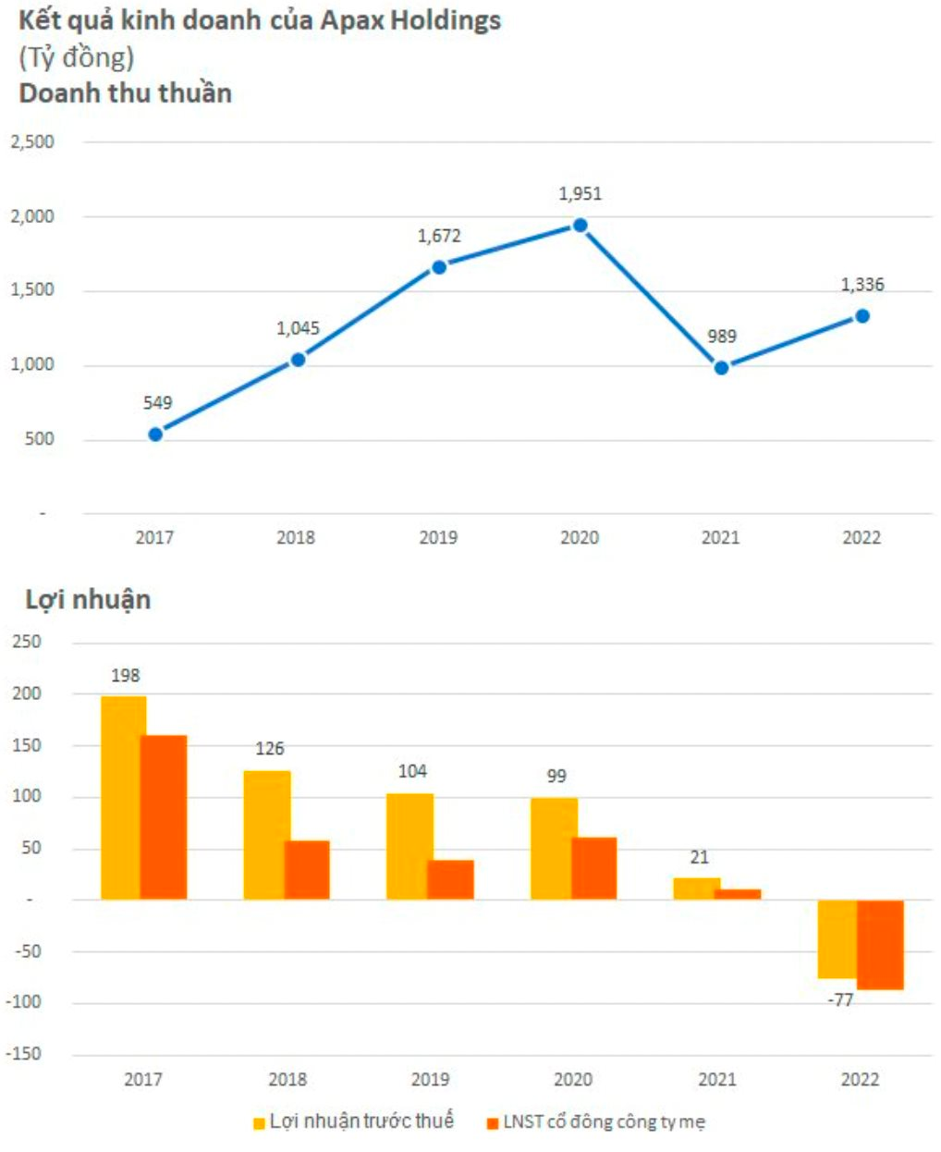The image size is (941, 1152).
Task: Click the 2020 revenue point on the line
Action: tap(580, 225)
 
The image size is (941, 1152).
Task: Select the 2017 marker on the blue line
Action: tap(155, 435)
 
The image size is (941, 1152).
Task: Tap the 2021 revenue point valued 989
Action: tap(721, 368)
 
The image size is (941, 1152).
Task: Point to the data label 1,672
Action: tap(439, 236)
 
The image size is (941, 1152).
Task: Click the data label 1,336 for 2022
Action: tap(862, 285)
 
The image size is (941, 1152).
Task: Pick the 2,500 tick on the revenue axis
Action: tap(32, 142)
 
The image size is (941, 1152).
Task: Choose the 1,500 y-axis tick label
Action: tap(32, 290)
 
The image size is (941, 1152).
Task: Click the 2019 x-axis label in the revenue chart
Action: tap(438, 537)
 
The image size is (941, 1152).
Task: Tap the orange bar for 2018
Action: tap(307, 870)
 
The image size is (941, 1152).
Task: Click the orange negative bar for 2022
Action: tap(880, 944)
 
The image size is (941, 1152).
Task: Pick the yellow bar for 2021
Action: tap(697, 889)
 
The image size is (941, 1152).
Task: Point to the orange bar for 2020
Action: tap(594, 868)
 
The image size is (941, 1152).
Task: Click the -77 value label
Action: tap(840, 999)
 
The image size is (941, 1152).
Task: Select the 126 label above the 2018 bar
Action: tap(270, 748)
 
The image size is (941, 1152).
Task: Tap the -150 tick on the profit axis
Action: tap(23, 1054)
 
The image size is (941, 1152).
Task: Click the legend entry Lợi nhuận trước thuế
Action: tap(354, 1121)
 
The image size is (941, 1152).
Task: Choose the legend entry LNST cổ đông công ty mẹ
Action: tap(596, 1122)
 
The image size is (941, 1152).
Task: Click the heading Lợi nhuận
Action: tap(88, 600)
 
